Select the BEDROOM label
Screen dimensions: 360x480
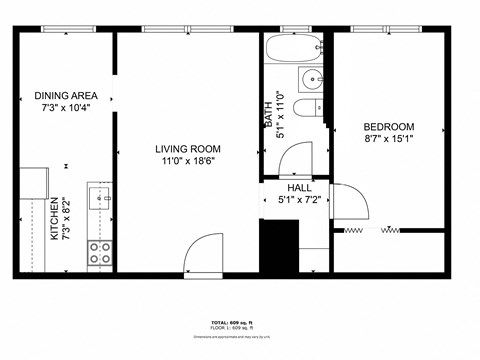(x=388, y=127)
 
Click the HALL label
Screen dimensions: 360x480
(x=299, y=187)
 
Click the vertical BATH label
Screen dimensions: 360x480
(x=268, y=118)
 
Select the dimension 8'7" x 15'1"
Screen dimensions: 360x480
(x=388, y=140)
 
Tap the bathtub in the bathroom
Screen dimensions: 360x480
(x=293, y=46)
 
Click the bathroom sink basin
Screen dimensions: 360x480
(x=312, y=79)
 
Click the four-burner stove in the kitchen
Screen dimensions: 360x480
(x=100, y=253)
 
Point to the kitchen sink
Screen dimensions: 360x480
(x=101, y=198)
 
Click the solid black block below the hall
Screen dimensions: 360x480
(x=279, y=243)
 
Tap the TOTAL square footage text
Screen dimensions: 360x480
(x=239, y=323)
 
